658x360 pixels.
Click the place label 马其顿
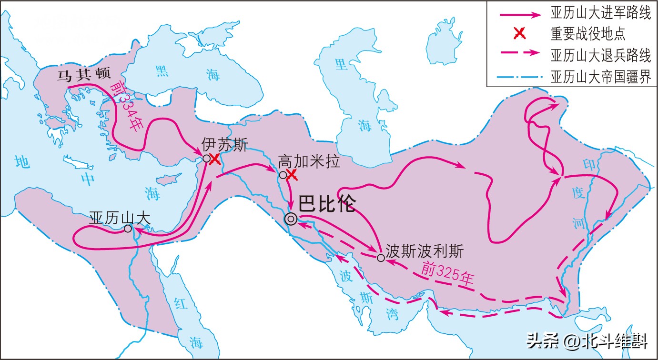(83, 76)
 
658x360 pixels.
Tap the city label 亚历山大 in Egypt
(120, 218)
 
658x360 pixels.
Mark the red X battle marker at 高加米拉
(292, 175)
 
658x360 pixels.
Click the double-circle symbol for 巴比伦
(290, 219)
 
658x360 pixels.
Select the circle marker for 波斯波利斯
(381, 258)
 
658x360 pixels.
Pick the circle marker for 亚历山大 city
(128, 229)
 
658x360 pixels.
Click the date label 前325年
(448, 275)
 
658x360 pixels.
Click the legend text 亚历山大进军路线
(600, 14)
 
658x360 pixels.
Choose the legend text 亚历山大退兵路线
(600, 55)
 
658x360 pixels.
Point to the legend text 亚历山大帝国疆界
(600, 76)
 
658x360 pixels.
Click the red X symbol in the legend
(520, 34)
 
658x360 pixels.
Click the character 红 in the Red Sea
(180, 303)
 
